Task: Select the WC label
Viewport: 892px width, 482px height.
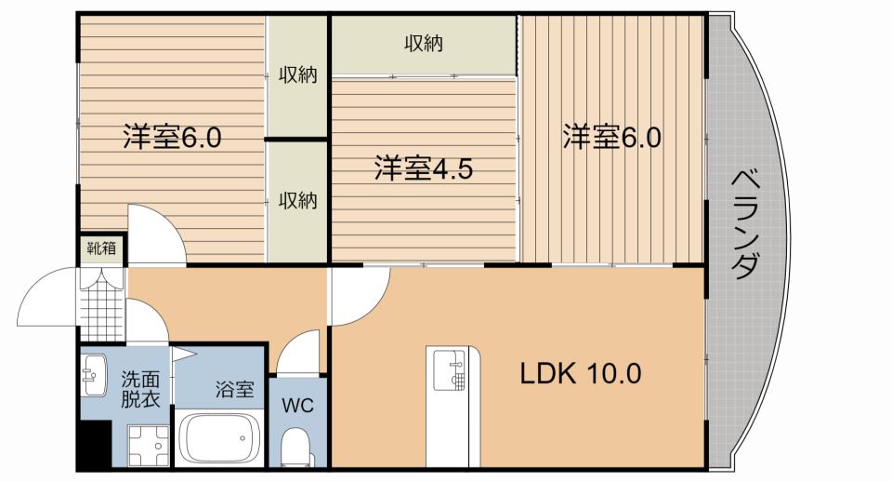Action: point(298,406)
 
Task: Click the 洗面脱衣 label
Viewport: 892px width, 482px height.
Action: point(140,390)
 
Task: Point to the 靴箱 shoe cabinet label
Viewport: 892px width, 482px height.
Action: point(101,248)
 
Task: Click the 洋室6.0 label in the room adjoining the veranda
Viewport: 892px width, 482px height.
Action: point(610,138)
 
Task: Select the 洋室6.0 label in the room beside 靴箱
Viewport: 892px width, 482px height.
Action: point(172,138)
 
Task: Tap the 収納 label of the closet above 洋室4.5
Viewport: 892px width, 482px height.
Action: point(423,43)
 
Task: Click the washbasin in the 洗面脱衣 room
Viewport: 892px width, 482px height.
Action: point(93,375)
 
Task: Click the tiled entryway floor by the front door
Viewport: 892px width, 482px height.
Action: point(101,303)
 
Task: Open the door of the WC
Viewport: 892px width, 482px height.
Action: point(299,354)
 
